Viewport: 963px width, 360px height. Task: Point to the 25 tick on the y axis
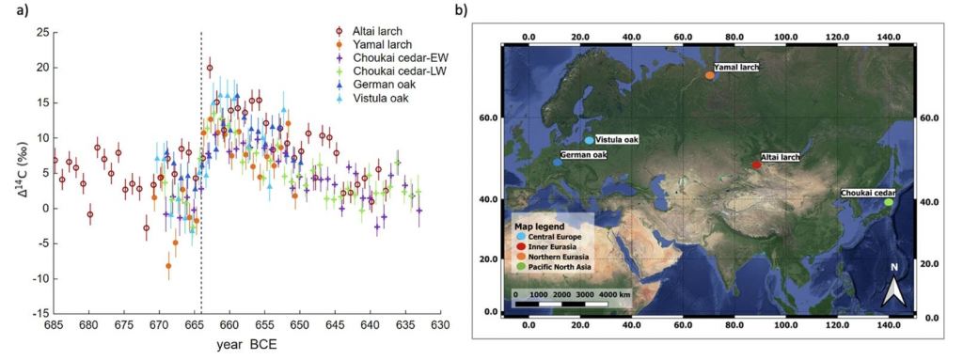point(40,32)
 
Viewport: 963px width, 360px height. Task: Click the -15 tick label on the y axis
point(38,313)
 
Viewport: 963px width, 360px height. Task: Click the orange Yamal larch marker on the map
point(709,75)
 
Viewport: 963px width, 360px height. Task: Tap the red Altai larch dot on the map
point(756,164)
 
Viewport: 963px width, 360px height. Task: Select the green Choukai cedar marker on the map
point(889,202)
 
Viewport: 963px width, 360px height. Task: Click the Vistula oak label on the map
point(618,140)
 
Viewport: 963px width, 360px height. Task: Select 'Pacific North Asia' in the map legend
point(560,269)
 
